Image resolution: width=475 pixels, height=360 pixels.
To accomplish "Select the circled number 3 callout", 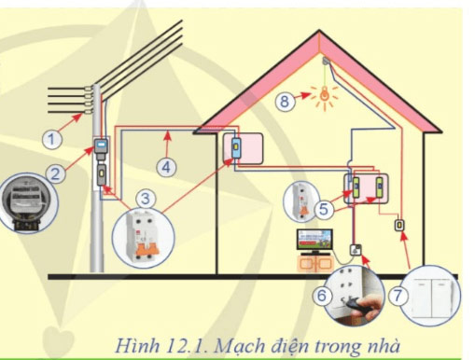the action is click(145, 198).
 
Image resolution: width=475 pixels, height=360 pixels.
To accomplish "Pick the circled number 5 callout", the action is click(322, 211).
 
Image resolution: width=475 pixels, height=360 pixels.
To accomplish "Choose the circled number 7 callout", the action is click(398, 295).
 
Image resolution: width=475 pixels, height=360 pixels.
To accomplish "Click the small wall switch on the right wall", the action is click(399, 226).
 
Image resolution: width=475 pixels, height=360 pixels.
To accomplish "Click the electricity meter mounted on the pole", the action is click(99, 148).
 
